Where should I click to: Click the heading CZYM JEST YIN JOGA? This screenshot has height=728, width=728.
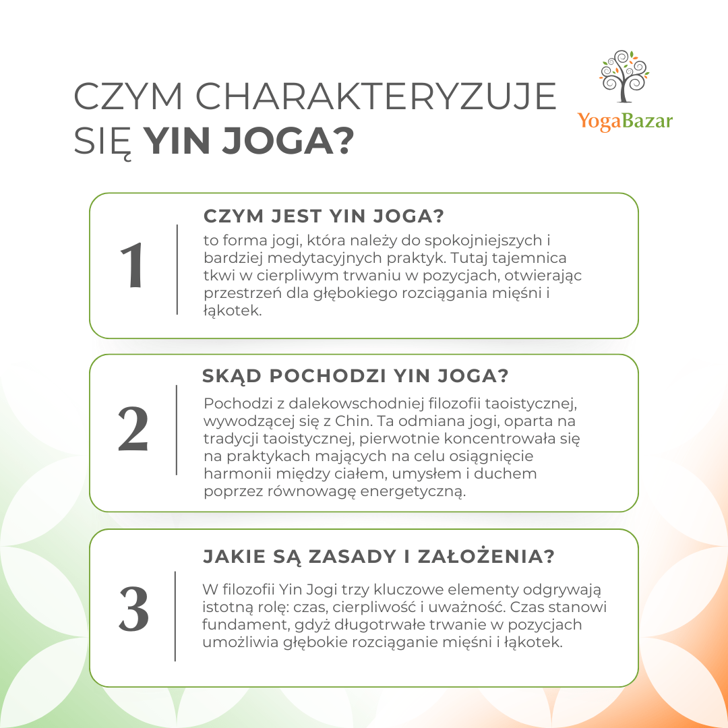tap(324, 217)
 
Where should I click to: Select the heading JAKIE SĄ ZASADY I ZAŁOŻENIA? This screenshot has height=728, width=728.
tap(380, 557)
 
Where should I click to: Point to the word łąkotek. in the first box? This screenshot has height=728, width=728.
tap(232, 312)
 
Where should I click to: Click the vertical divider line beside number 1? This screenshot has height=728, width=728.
tap(177, 269)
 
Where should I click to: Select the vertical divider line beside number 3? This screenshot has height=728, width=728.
tap(175, 616)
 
